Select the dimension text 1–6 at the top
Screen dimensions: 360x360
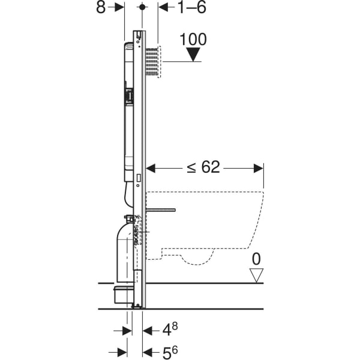[x=184, y=7]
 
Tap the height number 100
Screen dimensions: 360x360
[x=193, y=40]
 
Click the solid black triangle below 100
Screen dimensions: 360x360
[x=193, y=55]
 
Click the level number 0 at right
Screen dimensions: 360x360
[x=256, y=260]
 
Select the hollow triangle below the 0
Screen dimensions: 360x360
[x=256, y=275]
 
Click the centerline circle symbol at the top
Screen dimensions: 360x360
[x=142, y=7]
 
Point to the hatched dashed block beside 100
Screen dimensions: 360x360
[x=154, y=61]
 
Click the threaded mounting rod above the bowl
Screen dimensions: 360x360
[x=159, y=210]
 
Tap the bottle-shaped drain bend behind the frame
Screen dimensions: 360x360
[x=125, y=249]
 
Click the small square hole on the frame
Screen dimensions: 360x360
[x=139, y=178]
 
